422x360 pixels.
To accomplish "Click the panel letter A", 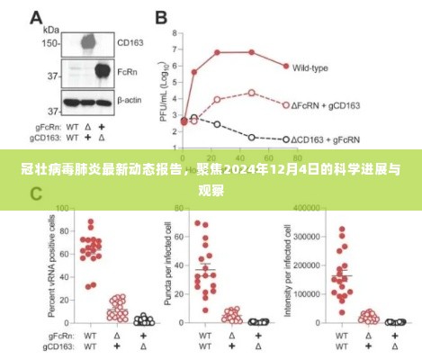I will click(x=35, y=19).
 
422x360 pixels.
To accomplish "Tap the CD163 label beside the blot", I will click(x=130, y=41).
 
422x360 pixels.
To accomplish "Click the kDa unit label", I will click(x=52, y=29).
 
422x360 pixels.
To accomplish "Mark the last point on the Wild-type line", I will click(x=285, y=67).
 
